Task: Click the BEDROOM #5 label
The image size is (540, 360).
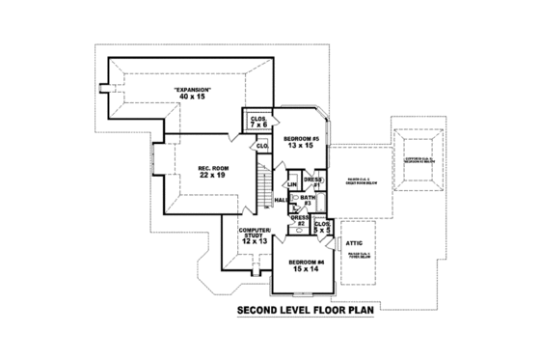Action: tap(301, 138)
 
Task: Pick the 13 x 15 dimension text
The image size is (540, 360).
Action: tap(301, 146)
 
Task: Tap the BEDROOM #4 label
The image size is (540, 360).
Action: tap(307, 261)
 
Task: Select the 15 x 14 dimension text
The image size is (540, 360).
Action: tap(307, 268)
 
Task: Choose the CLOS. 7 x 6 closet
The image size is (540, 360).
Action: tap(257, 122)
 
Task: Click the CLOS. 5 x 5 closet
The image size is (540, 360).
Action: tap(322, 228)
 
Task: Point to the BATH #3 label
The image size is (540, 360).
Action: tap(306, 199)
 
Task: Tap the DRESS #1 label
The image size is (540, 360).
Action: tap(312, 181)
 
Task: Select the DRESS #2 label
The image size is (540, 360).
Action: tap(300, 220)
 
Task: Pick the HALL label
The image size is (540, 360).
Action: tap(281, 200)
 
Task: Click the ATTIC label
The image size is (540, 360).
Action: tap(354, 244)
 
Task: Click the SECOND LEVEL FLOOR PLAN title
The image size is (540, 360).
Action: tap(304, 311)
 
